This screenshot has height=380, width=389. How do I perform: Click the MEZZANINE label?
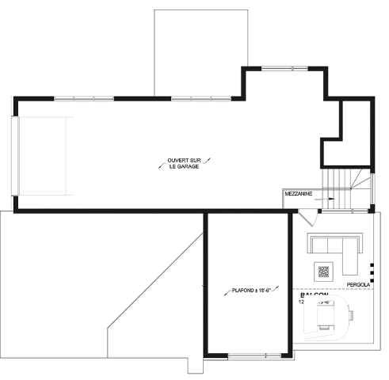click(x=299, y=193)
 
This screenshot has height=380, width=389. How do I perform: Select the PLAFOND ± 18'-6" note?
click(x=246, y=290)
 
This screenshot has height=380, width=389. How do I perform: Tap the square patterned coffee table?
click(x=323, y=272)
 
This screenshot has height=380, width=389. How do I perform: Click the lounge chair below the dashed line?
click(x=326, y=320)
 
